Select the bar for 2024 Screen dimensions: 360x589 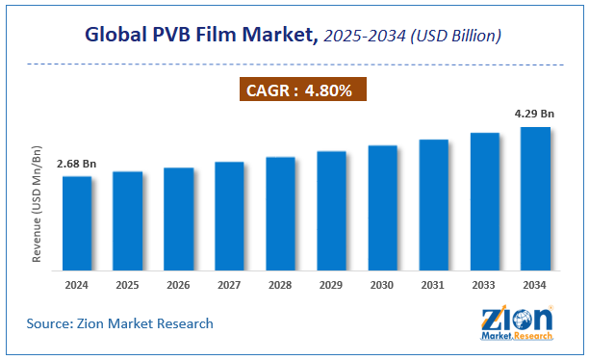coord(77,222)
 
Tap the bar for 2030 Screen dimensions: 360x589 coord(382,207)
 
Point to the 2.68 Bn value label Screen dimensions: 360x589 coord(76,165)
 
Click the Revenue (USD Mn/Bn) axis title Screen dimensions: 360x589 coord(38,203)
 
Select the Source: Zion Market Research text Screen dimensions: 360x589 coord(120,323)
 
